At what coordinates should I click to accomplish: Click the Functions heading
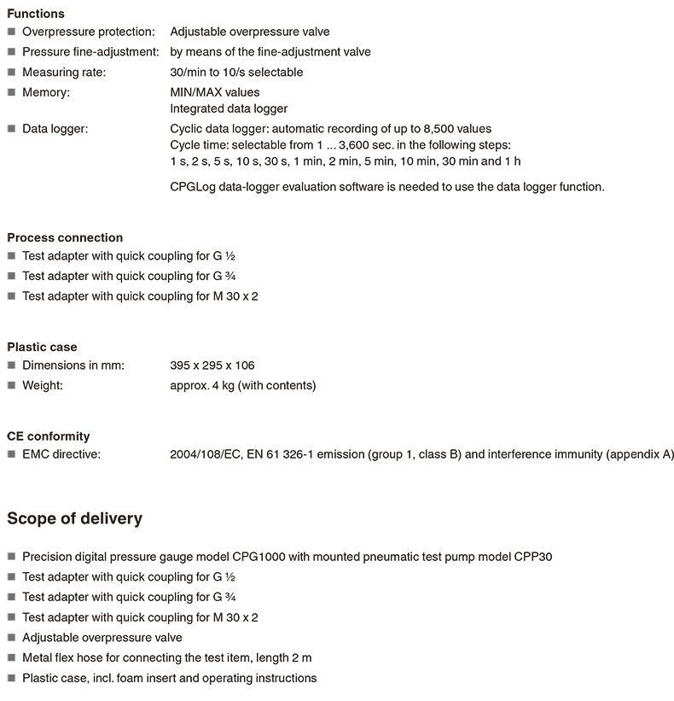36,14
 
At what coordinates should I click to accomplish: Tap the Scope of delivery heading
75,518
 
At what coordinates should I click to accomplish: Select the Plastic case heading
42,347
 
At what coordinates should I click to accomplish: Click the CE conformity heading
49,435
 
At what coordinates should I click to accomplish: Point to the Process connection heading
65,237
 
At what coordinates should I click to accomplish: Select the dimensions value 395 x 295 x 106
212,365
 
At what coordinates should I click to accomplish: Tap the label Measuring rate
64,72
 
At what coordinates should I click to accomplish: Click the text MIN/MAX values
215,91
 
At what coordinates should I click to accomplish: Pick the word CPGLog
193,186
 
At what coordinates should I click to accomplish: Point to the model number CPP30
533,557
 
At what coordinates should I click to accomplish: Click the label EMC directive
61,454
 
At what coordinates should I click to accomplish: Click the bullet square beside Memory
11,92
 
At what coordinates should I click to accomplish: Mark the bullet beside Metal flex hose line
11,658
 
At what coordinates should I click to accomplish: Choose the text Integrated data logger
229,108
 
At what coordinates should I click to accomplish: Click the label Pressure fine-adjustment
90,52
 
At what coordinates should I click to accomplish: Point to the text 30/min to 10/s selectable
236,72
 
